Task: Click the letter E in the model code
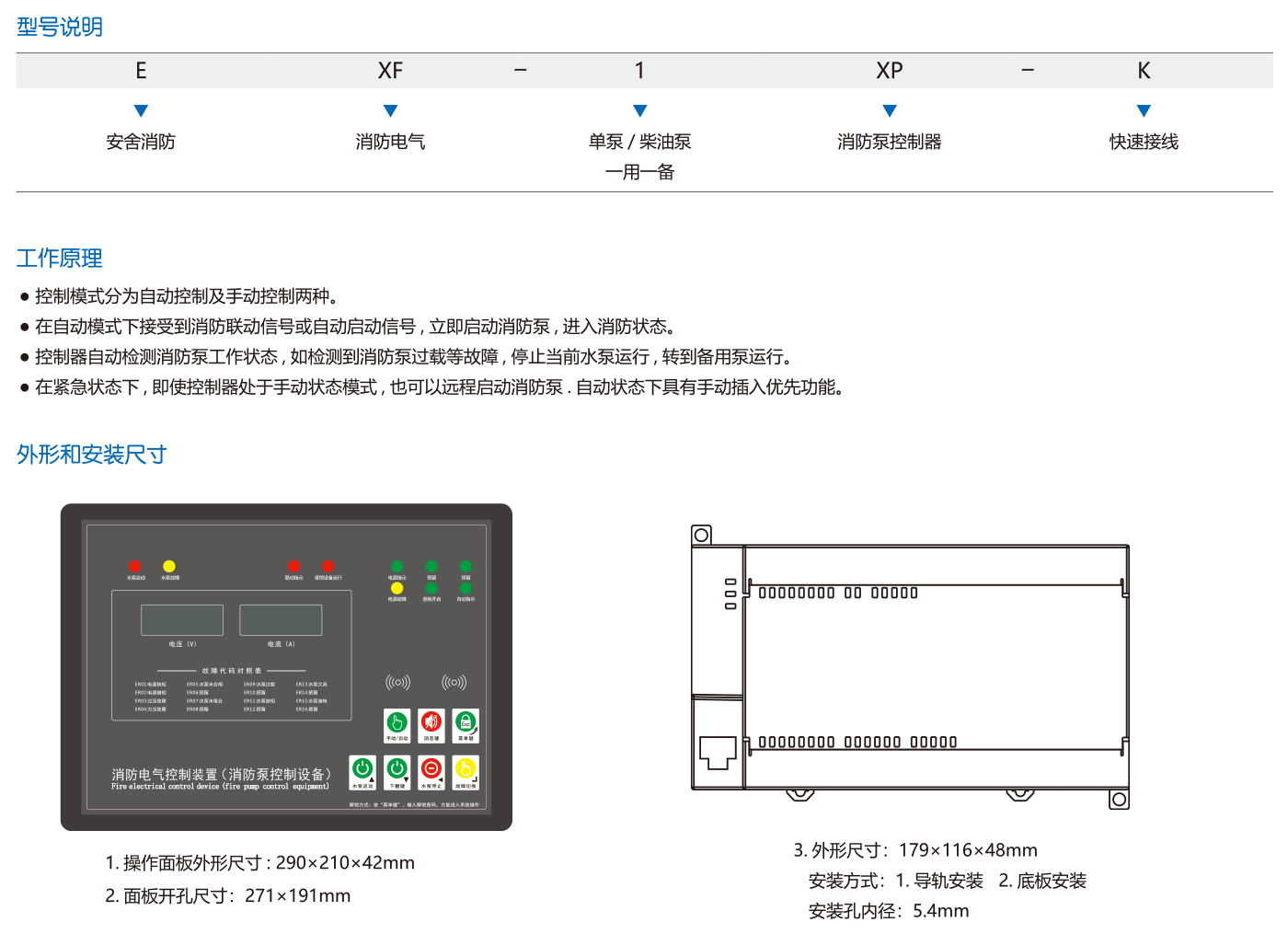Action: coord(141,71)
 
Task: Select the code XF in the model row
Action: coord(390,71)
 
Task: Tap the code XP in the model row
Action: coord(890,71)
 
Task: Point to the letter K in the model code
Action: coord(1144,71)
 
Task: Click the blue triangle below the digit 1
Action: coord(640,111)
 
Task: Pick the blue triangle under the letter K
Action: coord(1144,111)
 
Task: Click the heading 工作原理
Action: coord(60,259)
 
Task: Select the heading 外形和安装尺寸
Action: coord(92,455)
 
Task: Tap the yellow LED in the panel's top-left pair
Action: coord(169,566)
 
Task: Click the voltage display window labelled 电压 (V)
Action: coord(182,620)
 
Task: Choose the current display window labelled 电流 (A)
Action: coord(281,620)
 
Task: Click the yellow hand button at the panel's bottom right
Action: coord(466,769)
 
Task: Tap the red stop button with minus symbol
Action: coord(431,769)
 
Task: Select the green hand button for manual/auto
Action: coord(397,723)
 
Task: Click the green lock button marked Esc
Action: coord(466,723)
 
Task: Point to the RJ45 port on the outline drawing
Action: coord(717,752)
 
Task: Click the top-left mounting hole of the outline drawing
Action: coord(701,535)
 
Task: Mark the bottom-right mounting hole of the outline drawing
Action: coord(1119,800)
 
